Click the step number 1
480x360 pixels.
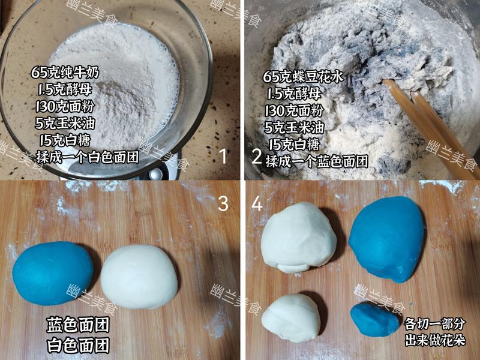point(223,157)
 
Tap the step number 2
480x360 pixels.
point(256,157)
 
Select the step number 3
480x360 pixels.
point(223,204)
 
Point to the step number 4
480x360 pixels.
point(257,204)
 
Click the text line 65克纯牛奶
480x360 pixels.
point(67,73)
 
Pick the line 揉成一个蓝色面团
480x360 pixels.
point(317,161)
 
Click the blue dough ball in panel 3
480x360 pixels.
point(53,273)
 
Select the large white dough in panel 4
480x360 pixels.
point(299,238)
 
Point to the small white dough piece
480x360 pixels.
point(291,317)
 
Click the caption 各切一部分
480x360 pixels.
point(434,325)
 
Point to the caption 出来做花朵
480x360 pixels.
point(434,340)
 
